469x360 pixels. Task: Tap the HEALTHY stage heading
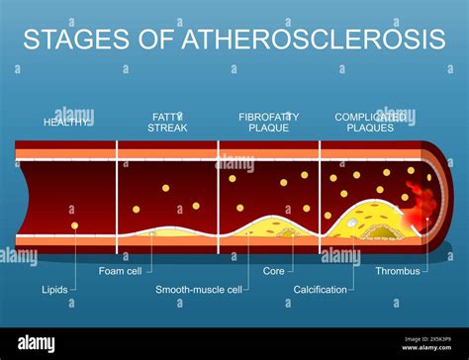pos(66,122)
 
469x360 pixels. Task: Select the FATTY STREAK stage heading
pos(167,122)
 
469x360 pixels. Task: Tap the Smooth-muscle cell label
pos(198,290)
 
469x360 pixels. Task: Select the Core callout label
pos(274,270)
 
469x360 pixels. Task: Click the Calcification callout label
pos(321,290)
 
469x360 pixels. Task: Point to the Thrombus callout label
pos(398,270)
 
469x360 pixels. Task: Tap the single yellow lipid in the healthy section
pos(74,226)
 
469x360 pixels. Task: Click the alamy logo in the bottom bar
pos(38,342)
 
